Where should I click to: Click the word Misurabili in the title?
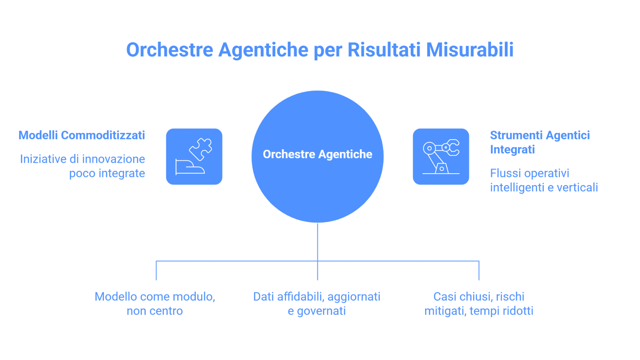470,50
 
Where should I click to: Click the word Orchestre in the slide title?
169,50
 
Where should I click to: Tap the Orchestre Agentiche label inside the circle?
317,154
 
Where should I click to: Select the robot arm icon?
441,156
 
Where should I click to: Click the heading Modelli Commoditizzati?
82,135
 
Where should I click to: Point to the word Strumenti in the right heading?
516,135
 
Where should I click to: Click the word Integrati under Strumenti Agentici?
512,150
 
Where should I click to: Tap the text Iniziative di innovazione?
82,159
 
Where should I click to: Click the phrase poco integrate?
107,174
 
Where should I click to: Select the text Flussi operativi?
529,174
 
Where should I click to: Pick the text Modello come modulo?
155,297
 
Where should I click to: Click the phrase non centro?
155,311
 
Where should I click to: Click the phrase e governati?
316,311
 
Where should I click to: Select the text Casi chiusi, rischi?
479,297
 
